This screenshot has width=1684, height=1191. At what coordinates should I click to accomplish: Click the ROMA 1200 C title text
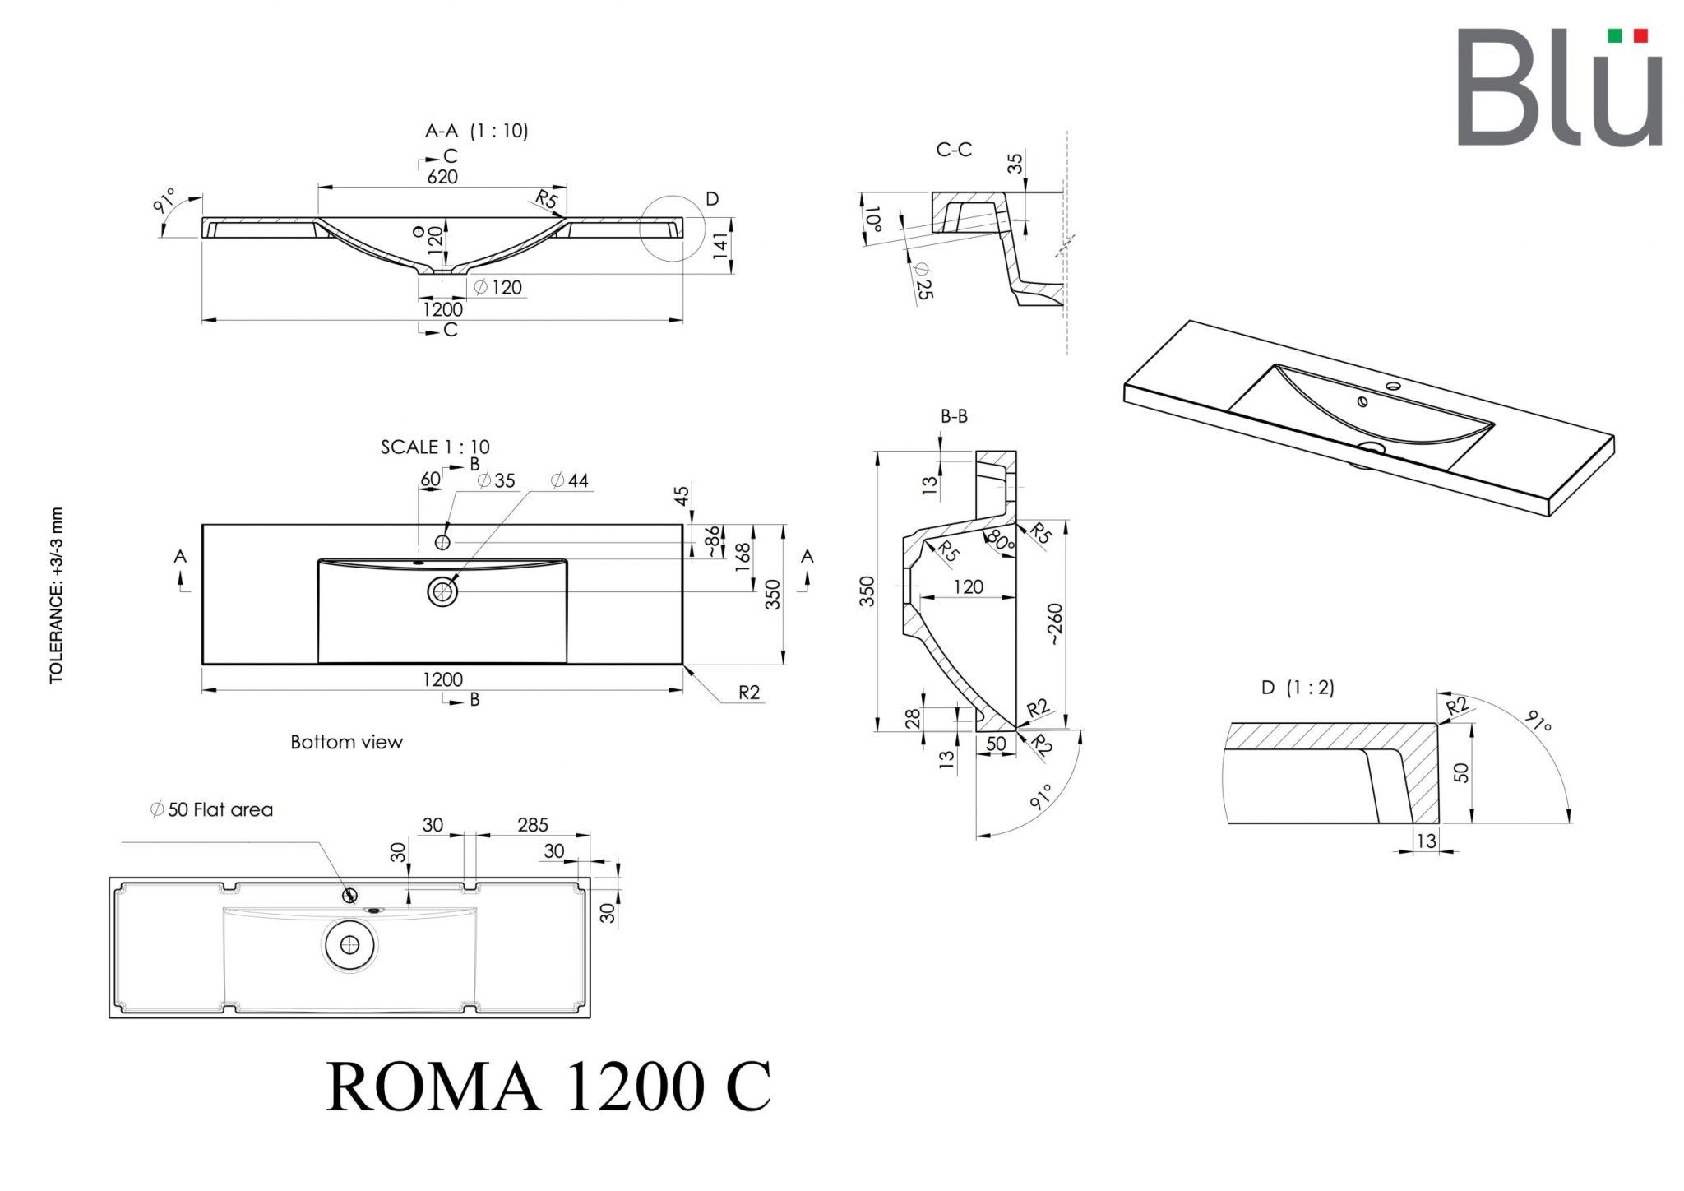tap(548, 1087)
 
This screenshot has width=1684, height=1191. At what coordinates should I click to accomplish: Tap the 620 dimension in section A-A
tap(442, 176)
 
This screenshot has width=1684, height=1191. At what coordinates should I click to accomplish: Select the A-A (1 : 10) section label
tap(476, 130)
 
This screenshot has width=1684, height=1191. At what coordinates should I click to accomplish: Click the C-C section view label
tap(954, 150)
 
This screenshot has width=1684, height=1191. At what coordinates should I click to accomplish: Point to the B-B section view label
tap(954, 416)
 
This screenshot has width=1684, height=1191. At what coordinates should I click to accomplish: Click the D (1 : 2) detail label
tap(1298, 688)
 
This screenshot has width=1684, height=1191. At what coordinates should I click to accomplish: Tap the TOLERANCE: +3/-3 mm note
tap(56, 595)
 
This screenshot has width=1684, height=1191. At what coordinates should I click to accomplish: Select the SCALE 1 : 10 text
tap(435, 447)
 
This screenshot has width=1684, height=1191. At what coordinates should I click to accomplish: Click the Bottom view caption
tap(346, 742)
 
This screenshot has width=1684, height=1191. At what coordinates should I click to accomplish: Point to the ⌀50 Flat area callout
tap(211, 809)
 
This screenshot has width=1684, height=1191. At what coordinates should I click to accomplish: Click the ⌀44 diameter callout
tap(570, 480)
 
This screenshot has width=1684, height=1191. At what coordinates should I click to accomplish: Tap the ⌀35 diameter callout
tap(496, 480)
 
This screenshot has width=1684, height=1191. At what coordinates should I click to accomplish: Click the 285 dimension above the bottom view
tap(533, 824)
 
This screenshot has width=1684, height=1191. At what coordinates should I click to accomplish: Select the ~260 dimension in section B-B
tap(1055, 623)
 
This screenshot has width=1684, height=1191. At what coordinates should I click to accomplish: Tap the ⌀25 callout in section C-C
tap(923, 280)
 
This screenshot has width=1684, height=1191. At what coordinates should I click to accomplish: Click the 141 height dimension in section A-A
tap(721, 246)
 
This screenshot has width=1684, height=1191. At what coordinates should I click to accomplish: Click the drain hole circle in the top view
tap(442, 591)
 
